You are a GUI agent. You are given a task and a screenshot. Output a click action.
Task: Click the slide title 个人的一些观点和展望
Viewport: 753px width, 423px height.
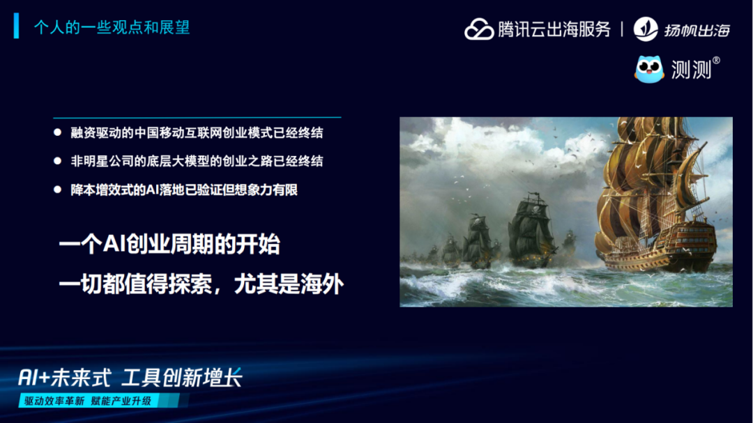coord(112,28)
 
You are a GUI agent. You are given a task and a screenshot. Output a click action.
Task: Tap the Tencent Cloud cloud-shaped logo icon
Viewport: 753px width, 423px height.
coord(479,29)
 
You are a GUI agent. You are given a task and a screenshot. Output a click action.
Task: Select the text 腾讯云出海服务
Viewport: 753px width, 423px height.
coord(554,29)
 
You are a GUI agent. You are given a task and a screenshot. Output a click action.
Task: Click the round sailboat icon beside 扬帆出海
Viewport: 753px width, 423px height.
coord(646,29)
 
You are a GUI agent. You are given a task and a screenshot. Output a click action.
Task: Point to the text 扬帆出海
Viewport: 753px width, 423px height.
coord(697,30)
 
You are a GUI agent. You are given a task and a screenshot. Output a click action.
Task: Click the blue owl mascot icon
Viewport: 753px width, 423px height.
coord(649,69)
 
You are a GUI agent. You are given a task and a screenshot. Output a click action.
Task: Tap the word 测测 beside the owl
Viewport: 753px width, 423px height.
coord(690,70)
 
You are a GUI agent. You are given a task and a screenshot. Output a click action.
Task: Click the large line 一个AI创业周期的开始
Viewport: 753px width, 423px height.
coord(169,245)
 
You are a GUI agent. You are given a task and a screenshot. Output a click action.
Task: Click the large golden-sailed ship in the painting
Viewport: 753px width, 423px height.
coord(652,202)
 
